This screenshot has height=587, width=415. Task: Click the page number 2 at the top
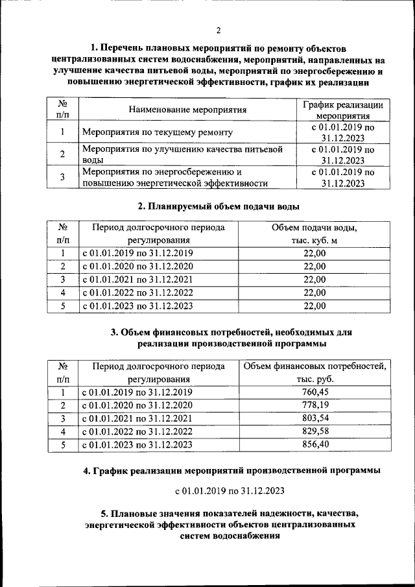tap(219, 30)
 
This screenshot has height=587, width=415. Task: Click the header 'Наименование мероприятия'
tap(188, 109)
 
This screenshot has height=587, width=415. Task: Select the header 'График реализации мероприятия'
tap(343, 109)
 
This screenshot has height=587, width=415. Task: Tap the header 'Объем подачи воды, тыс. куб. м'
tap(314, 235)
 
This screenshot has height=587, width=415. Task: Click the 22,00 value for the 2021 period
tap(314, 280)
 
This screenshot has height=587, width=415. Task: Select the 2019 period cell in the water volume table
tap(137, 254)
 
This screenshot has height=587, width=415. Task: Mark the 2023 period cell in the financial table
tap(137, 445)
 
